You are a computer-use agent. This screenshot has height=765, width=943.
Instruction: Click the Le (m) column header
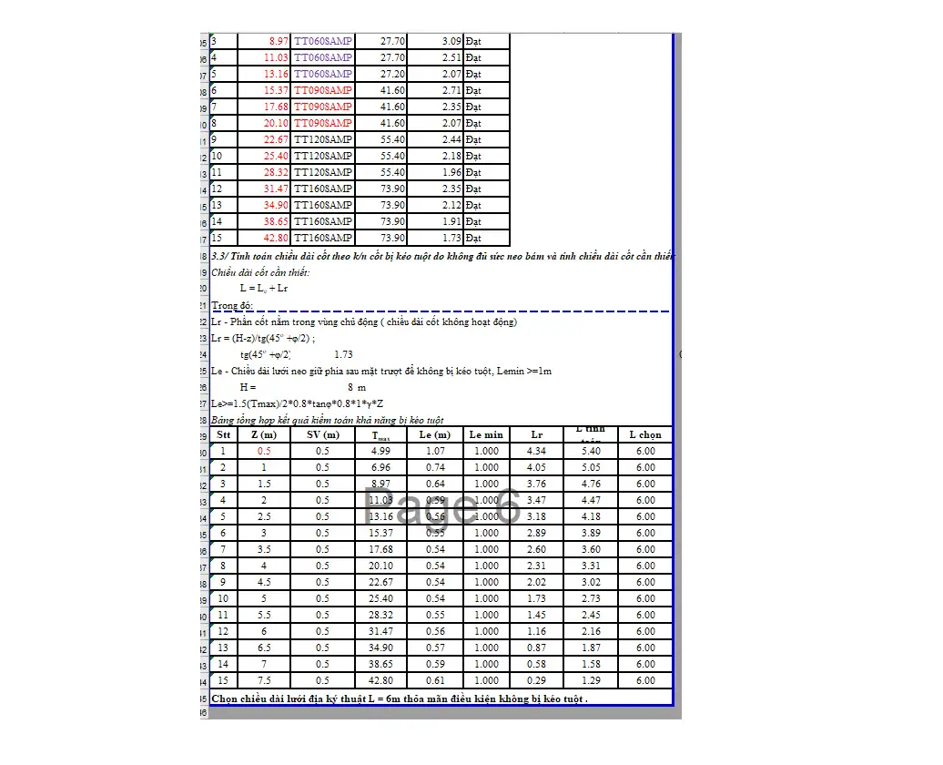434,435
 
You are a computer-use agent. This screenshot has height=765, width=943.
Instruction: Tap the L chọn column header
645,435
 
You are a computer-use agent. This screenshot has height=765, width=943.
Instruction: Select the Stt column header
223,435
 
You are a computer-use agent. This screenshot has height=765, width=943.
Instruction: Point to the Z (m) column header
264,435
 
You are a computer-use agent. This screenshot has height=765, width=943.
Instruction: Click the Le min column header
486,435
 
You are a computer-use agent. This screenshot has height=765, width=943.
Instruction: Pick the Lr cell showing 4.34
537,452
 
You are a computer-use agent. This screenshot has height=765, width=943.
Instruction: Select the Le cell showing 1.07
435,452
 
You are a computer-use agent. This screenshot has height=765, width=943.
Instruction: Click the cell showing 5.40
591,452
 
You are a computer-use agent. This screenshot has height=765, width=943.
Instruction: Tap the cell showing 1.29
591,681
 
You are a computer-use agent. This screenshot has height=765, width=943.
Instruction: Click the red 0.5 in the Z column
264,452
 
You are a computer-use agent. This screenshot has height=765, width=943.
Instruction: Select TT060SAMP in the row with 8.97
322,41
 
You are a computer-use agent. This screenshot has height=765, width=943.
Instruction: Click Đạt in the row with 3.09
473,41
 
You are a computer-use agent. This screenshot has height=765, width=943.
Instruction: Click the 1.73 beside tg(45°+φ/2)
343,354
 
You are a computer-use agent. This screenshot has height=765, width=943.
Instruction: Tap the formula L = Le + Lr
264,289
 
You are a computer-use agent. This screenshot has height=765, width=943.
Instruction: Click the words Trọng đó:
231,305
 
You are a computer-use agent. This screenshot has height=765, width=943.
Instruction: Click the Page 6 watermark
442,506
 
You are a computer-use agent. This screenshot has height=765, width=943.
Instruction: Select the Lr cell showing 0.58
537,665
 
